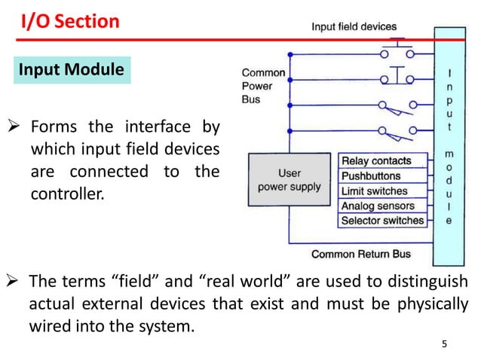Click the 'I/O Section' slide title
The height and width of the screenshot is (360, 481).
[x=70, y=21]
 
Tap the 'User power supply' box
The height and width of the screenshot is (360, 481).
[x=290, y=180]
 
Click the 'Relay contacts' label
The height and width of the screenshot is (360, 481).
[x=377, y=160]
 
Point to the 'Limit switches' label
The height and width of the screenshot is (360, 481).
[x=375, y=191]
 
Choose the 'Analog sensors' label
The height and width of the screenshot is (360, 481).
[x=378, y=206]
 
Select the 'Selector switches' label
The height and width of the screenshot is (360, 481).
[x=383, y=221]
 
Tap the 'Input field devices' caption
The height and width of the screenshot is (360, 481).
[x=354, y=26]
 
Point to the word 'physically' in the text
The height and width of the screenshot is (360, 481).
[x=431, y=305]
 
